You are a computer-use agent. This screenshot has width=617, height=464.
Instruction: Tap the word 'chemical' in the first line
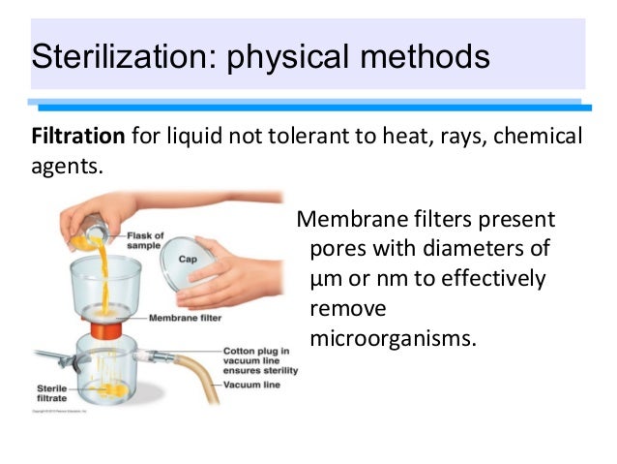(538, 136)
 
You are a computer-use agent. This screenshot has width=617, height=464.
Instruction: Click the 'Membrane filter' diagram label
(184, 317)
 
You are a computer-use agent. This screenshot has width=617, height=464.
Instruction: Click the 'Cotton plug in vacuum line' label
(259, 359)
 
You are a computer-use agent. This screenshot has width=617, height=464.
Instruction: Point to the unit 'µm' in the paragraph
(326, 279)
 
